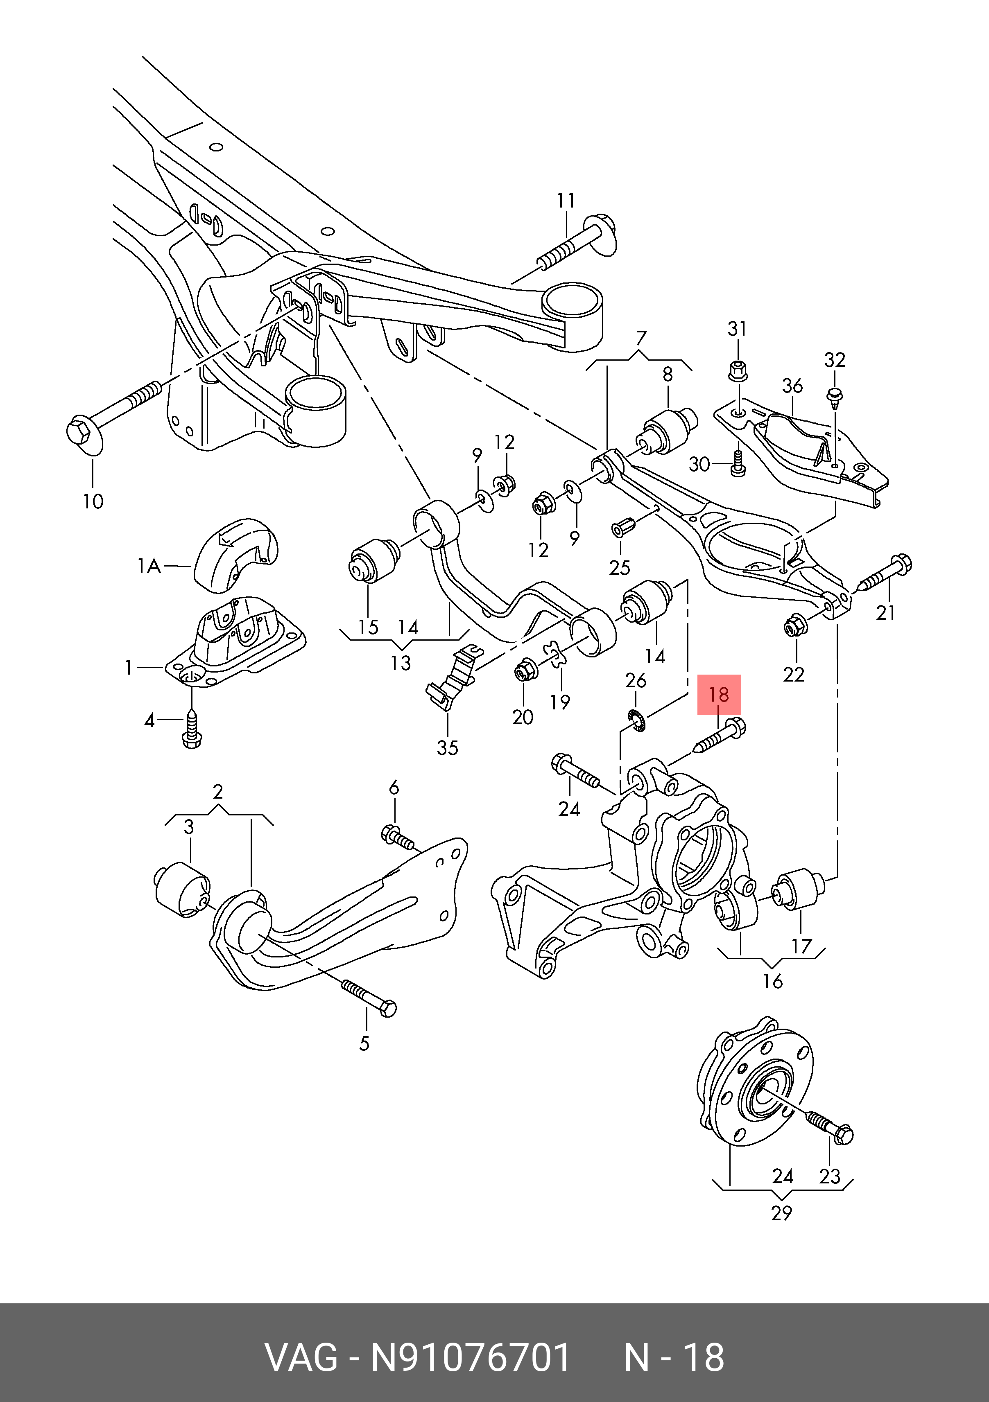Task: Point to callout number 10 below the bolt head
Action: pyautogui.click(x=93, y=501)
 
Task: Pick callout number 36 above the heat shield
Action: pyautogui.click(x=792, y=386)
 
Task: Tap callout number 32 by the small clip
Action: pyautogui.click(x=835, y=360)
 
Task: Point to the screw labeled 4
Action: pyautogui.click(x=192, y=731)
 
